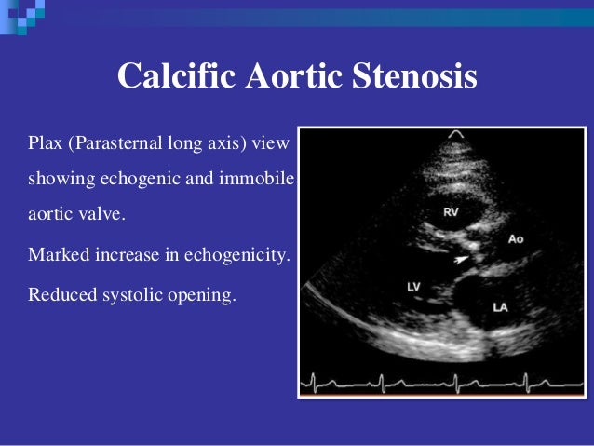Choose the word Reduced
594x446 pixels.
(58, 294)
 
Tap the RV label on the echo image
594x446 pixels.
(451, 213)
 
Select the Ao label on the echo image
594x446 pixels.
(516, 239)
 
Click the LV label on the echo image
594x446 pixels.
(415, 286)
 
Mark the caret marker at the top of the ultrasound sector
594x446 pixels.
(455, 135)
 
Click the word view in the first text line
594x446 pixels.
(273, 144)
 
